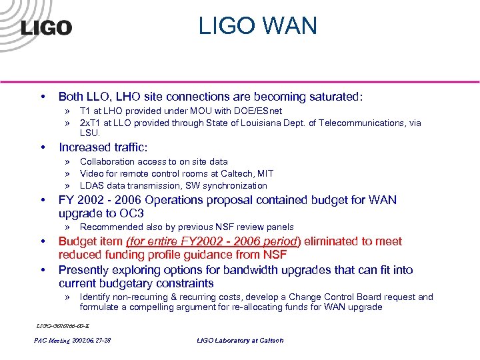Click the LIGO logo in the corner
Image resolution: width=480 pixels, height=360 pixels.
pyautogui.click(x=47, y=27)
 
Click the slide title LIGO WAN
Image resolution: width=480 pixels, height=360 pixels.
pyautogui.click(x=257, y=26)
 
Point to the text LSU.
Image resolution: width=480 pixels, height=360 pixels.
pyautogui.click(x=89, y=133)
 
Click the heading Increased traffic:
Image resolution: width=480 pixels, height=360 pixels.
pyautogui.click(x=103, y=147)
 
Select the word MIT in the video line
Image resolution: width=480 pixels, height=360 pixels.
pyautogui.click(x=265, y=173)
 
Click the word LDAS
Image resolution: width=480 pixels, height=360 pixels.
pyautogui.click(x=91, y=185)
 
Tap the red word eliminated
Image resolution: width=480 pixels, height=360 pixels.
pyautogui.click(x=331, y=241)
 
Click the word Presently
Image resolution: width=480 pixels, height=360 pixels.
pyautogui.click(x=86, y=270)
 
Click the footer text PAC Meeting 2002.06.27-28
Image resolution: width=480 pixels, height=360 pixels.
pyautogui.click(x=73, y=340)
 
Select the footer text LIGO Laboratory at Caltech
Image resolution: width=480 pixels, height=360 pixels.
pyautogui.click(x=240, y=340)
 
